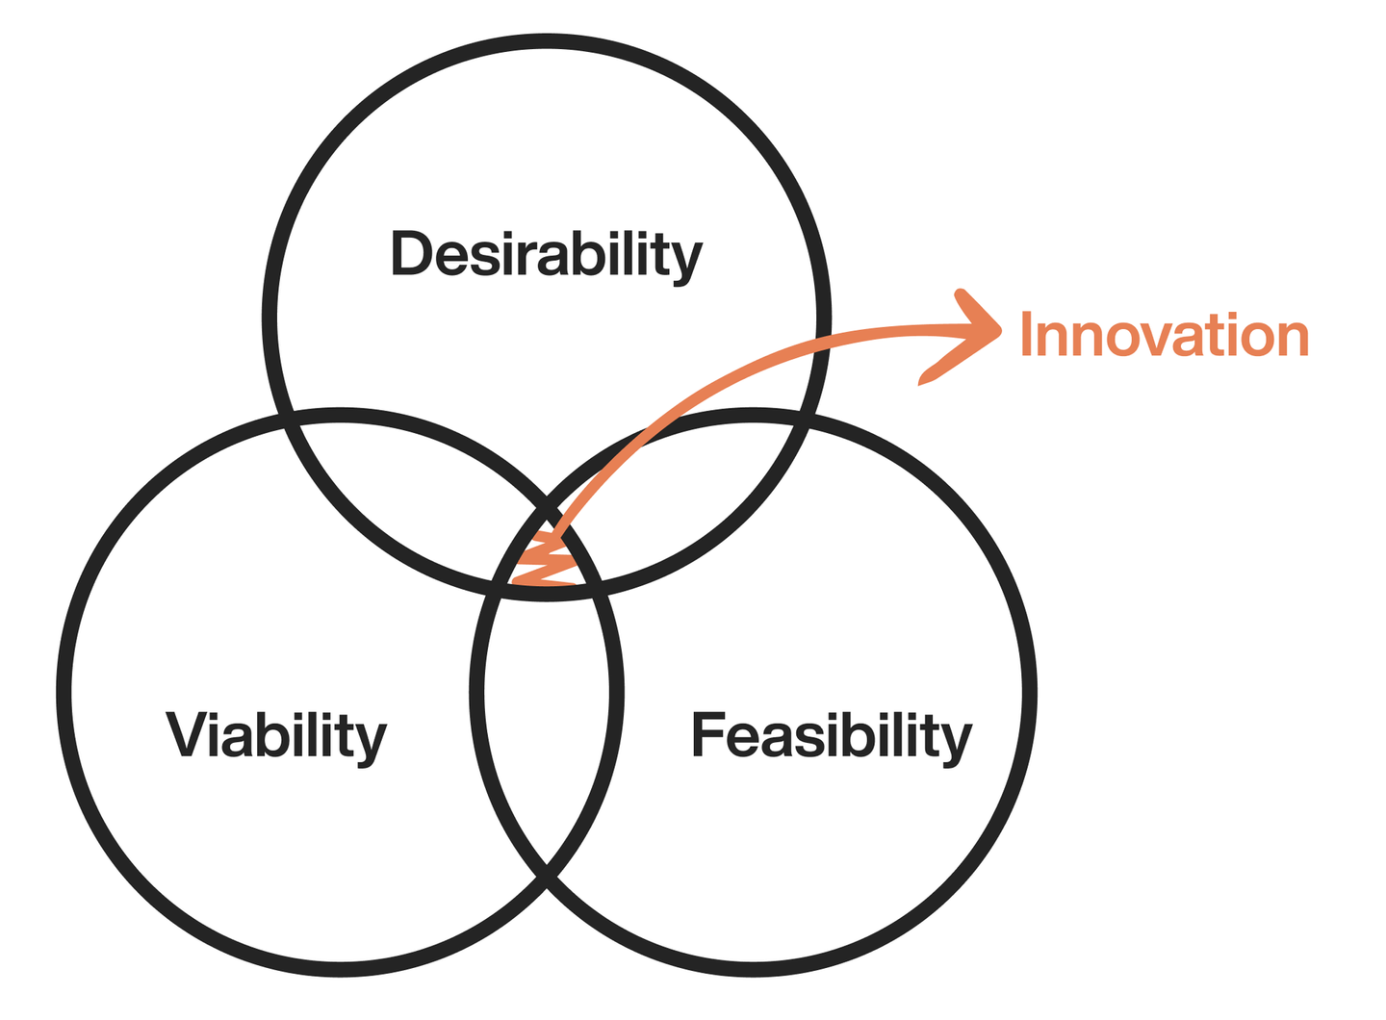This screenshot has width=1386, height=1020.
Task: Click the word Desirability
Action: [x=546, y=255]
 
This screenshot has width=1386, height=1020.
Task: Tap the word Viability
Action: [x=276, y=736]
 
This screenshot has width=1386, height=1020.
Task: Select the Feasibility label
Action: [x=832, y=736]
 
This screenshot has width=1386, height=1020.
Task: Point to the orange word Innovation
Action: [x=1164, y=335]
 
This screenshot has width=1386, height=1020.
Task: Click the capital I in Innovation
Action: [x=1026, y=335]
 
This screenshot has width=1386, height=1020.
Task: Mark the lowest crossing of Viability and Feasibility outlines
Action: [x=547, y=871]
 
